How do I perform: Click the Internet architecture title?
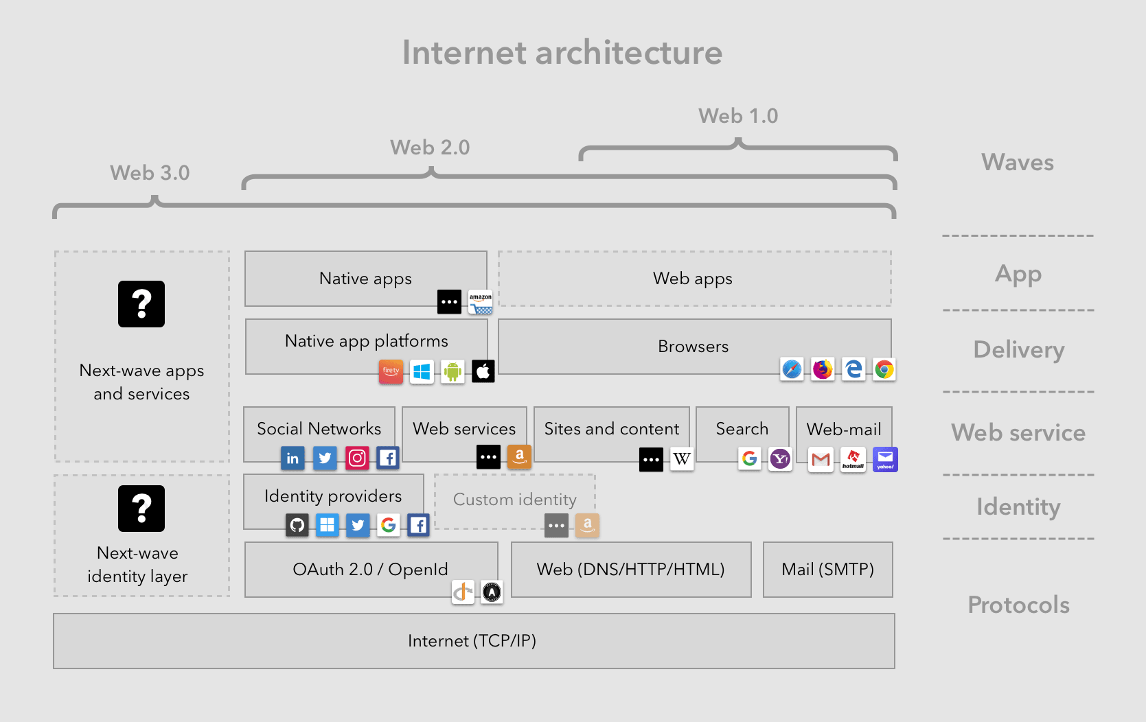(562, 53)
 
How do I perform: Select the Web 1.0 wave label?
(738, 116)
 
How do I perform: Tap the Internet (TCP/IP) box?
(472, 640)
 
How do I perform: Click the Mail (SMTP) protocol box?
(827, 569)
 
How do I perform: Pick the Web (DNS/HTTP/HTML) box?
(630, 569)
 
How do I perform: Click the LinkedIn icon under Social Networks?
(293, 458)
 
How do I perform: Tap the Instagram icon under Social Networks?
(357, 458)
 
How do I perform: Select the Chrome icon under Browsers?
(884, 370)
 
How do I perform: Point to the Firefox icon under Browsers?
(822, 370)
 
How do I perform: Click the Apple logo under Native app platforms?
(483, 372)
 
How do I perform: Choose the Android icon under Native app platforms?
(452, 372)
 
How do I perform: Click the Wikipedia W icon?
(682, 459)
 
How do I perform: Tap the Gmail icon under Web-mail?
(821, 459)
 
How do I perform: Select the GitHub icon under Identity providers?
(297, 525)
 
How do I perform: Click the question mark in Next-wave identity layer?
(141, 509)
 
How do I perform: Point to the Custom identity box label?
(514, 500)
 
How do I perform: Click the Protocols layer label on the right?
(1018, 605)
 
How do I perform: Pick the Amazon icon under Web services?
(519, 456)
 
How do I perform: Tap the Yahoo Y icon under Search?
(780, 458)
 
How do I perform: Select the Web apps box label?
(692, 278)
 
